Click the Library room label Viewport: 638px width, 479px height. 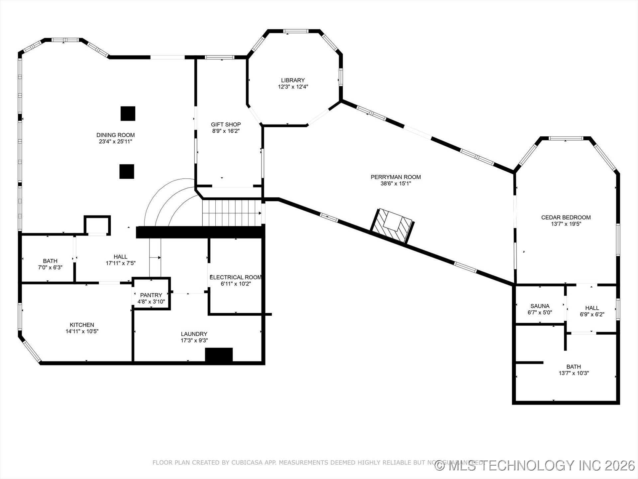(293, 80)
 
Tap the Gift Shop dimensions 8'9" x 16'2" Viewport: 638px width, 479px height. (226, 131)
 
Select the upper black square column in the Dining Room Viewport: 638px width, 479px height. (128, 113)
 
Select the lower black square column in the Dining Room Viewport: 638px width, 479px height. (127, 171)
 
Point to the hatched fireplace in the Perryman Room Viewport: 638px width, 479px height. (392, 226)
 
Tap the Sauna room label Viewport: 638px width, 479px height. (540, 306)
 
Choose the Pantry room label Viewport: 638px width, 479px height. (151, 295)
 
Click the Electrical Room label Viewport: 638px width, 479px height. (236, 277)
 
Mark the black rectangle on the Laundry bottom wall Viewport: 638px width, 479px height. (219, 355)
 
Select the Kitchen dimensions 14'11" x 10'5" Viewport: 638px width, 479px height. (82, 331)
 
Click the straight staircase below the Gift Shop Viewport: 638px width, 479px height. (232, 213)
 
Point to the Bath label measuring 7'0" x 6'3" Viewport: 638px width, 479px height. (50, 261)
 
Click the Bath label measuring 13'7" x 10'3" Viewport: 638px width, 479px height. (574, 367)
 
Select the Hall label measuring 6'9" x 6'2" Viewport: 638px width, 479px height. (592, 308)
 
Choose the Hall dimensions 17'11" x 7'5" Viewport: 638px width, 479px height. (120, 263)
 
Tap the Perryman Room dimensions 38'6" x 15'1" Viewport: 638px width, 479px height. (395, 183)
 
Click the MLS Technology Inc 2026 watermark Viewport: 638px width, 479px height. (535, 465)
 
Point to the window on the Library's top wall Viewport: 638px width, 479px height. (296, 31)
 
